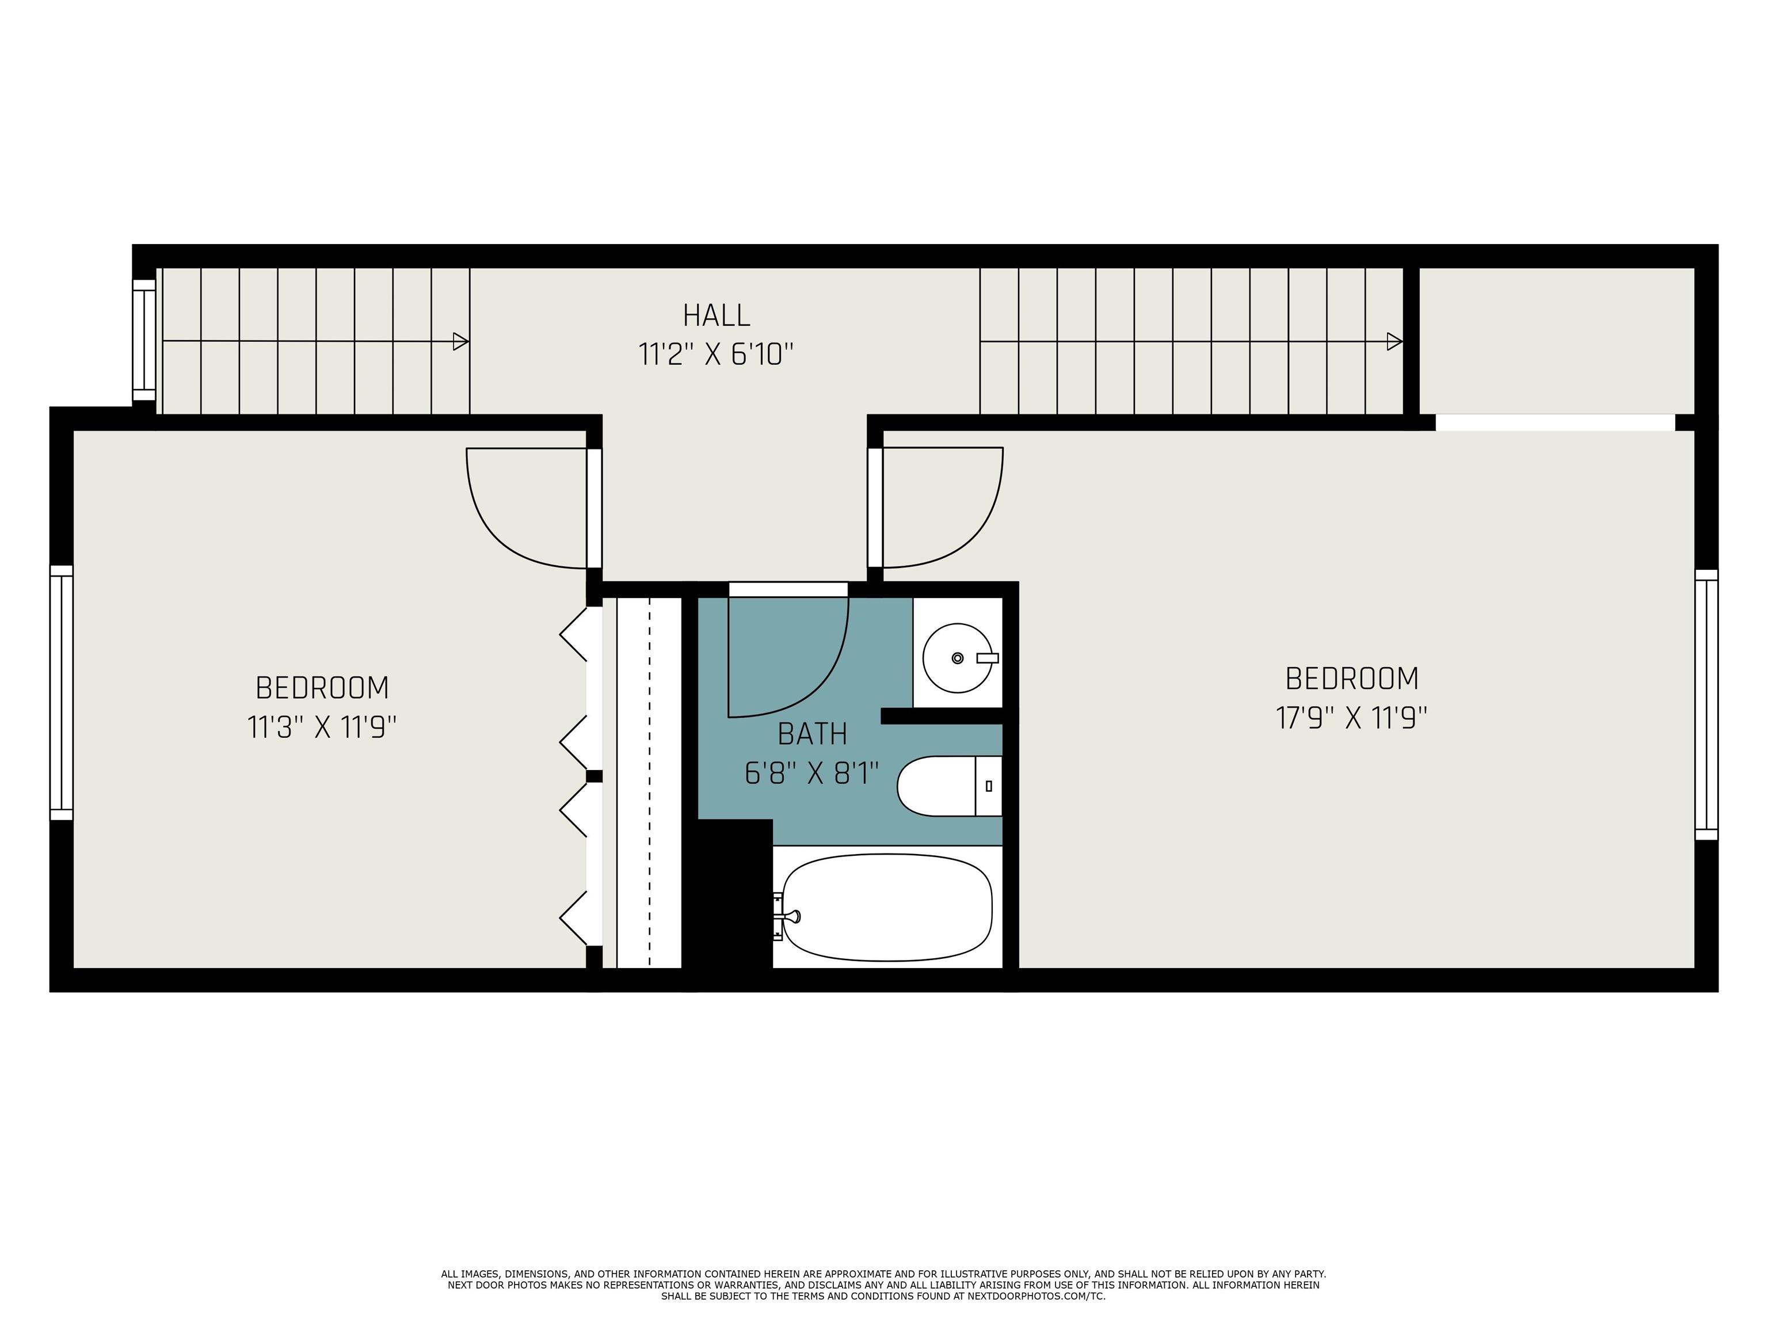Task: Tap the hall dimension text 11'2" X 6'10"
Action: tap(716, 354)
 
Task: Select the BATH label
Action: tap(812, 734)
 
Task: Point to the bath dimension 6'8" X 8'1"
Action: tap(812, 773)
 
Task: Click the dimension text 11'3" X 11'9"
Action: tap(322, 727)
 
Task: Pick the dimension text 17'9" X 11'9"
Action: tap(1351, 718)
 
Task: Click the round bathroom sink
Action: tap(958, 658)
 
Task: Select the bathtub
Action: tap(887, 907)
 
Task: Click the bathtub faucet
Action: tap(787, 916)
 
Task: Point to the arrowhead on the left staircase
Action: tap(460, 341)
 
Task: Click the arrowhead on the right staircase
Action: tap(1394, 341)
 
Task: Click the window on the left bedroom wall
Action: tap(62, 693)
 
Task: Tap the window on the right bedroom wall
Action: tap(1706, 705)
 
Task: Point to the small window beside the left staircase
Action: tap(144, 340)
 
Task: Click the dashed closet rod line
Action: tap(649, 782)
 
